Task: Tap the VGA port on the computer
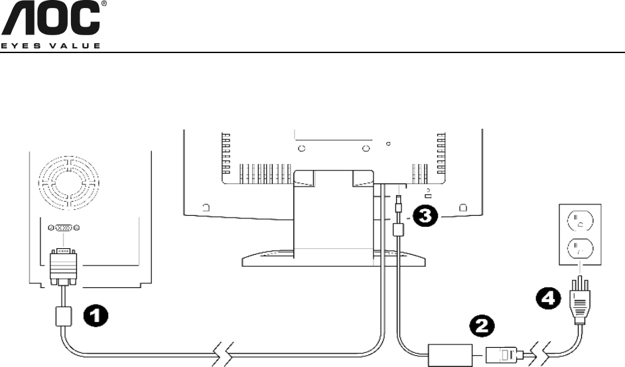(x=64, y=228)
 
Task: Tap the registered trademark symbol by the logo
(x=103, y=5)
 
